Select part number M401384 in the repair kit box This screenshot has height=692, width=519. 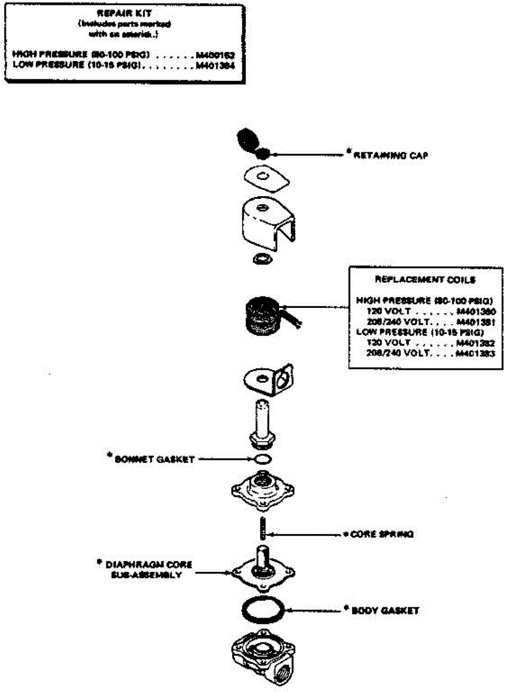click(x=215, y=66)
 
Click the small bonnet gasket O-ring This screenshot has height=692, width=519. click(x=262, y=460)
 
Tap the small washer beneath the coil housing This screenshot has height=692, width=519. click(x=262, y=258)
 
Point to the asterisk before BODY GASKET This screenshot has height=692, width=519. click(x=347, y=608)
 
